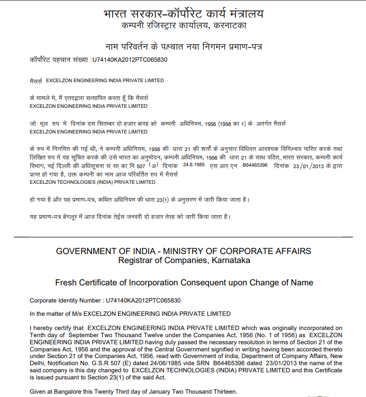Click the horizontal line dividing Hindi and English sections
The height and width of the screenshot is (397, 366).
click(183, 236)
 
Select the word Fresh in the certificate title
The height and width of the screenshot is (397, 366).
click(65, 283)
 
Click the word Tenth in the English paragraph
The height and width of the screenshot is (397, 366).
click(38, 335)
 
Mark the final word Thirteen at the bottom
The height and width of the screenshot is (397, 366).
click(222, 392)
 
